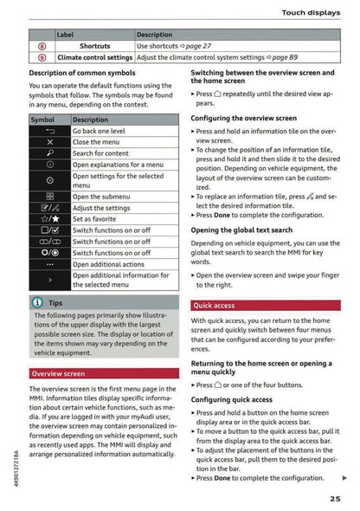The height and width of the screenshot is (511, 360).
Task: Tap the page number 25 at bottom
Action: pyautogui.click(x=335, y=496)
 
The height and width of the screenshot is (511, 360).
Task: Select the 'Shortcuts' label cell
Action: pyautogui.click(x=94, y=45)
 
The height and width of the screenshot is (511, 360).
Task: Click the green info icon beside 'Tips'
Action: pyautogui.click(x=37, y=303)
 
